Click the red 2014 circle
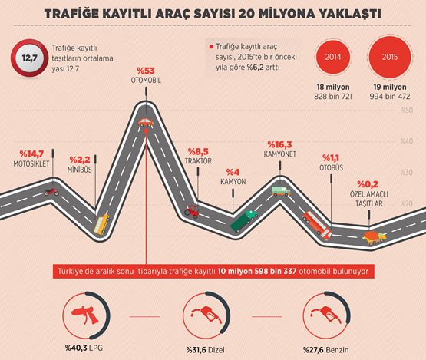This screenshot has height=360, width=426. [x=333, y=57]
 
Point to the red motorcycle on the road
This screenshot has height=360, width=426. [x=51, y=191]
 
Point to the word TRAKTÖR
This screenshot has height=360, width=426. [x=197, y=161]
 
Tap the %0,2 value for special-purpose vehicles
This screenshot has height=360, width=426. [x=370, y=184]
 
